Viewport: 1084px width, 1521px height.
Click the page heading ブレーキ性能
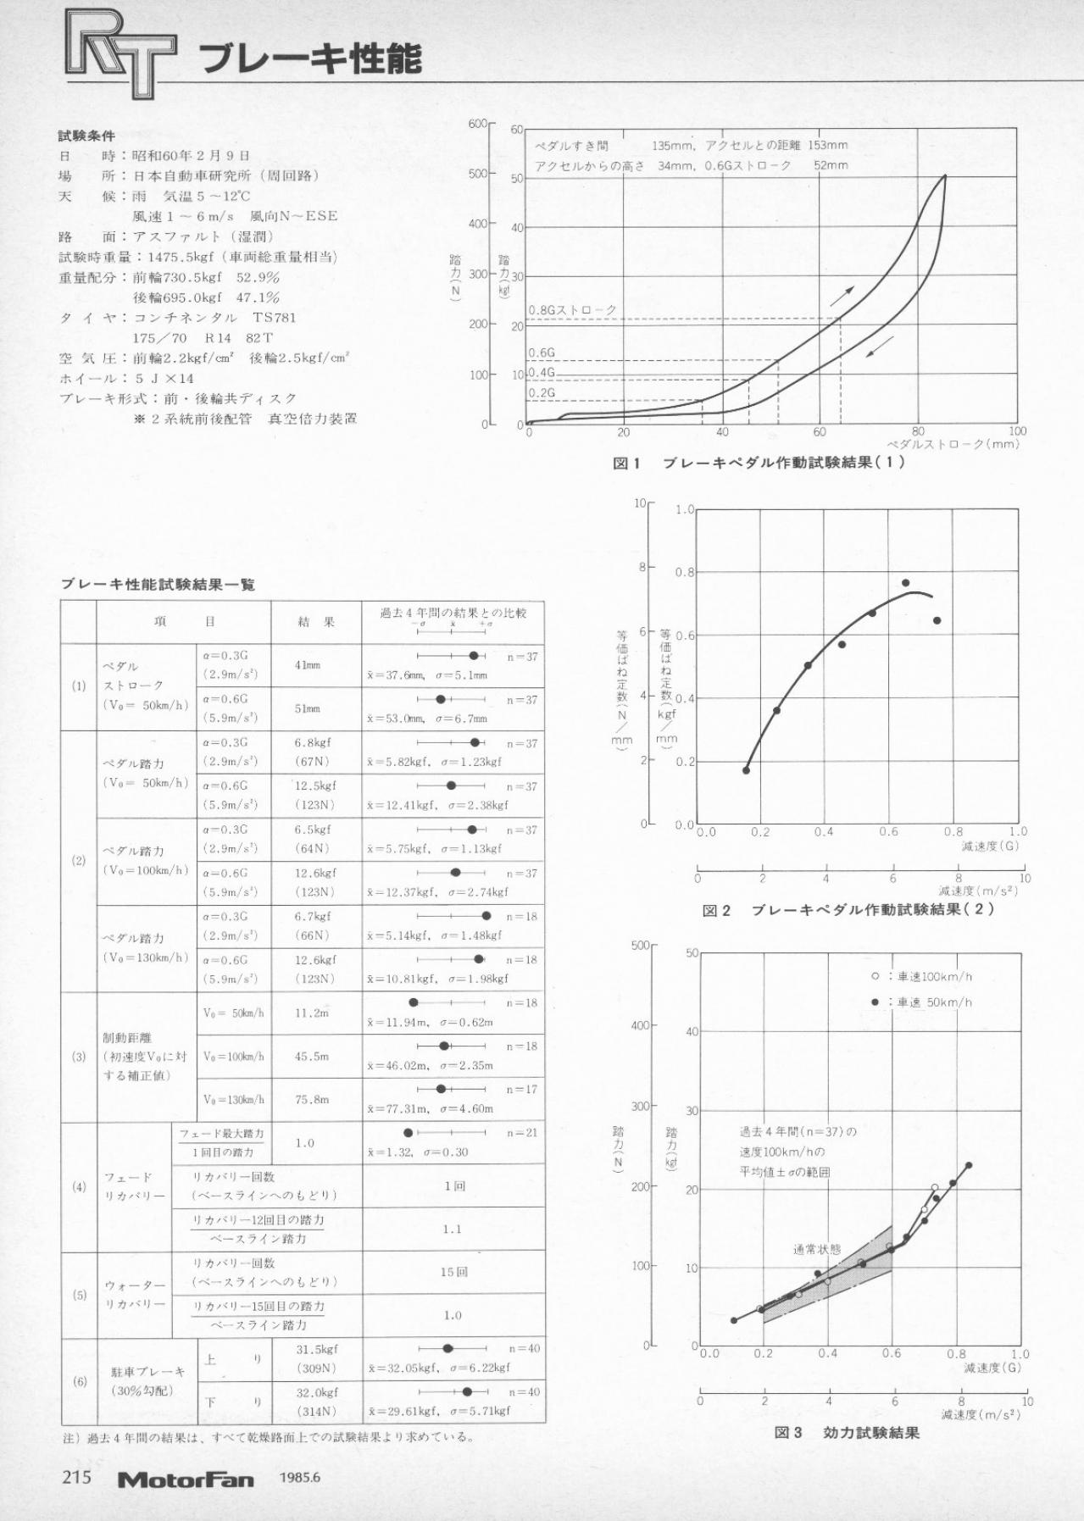pyautogui.click(x=311, y=60)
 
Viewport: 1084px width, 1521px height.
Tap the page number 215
pyautogui.click(x=77, y=1477)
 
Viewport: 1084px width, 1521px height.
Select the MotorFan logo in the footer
pyautogui.click(x=186, y=1479)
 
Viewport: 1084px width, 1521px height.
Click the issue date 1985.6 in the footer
pyautogui.click(x=299, y=1479)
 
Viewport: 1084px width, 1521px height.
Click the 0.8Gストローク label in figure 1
pyautogui.click(x=572, y=310)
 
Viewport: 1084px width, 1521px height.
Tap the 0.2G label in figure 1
pyautogui.click(x=542, y=393)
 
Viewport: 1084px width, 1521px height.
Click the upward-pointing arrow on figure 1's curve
pyautogui.click(x=842, y=296)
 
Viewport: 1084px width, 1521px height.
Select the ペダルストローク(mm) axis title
pyautogui.click(x=953, y=444)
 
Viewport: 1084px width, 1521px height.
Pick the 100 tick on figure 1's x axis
pyautogui.click(x=1017, y=431)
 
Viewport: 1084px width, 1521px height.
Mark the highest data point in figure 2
pyautogui.click(x=905, y=583)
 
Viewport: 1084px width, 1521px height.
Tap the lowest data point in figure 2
pyautogui.click(x=746, y=770)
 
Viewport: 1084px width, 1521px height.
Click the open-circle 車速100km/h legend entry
pyautogui.click(x=922, y=976)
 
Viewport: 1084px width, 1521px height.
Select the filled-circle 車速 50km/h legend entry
pyautogui.click(x=922, y=1002)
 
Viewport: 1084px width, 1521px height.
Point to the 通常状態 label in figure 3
pyautogui.click(x=817, y=1249)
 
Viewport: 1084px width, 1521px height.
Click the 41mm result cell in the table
pyautogui.click(x=307, y=665)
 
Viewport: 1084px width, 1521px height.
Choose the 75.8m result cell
pyautogui.click(x=312, y=1100)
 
